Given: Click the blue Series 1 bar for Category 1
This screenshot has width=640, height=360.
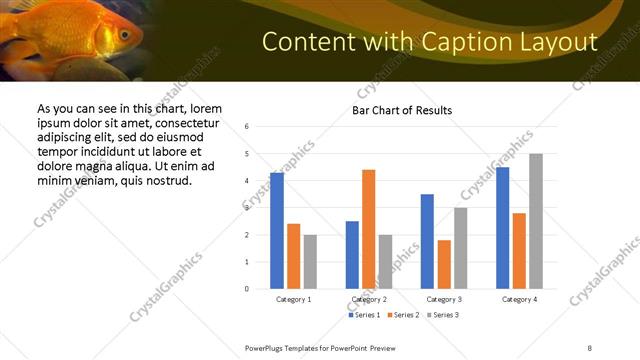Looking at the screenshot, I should click(277, 231).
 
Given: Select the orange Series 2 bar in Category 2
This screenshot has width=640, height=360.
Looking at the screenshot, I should click(369, 229).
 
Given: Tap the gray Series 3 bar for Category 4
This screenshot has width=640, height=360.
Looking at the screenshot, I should click(536, 221).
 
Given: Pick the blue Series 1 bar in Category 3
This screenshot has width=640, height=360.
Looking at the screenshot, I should click(427, 241).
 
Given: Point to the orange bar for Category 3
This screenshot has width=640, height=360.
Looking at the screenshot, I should click(444, 264).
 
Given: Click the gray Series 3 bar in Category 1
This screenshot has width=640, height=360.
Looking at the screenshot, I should click(310, 262).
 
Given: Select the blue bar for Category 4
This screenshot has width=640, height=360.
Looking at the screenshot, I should click(502, 228).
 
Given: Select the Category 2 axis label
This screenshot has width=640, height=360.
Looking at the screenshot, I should click(370, 299).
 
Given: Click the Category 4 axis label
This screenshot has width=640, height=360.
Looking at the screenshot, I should click(519, 299).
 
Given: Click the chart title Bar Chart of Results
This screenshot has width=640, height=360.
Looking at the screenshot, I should click(402, 110).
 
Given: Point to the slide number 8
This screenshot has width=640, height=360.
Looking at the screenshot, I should click(590, 347).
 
